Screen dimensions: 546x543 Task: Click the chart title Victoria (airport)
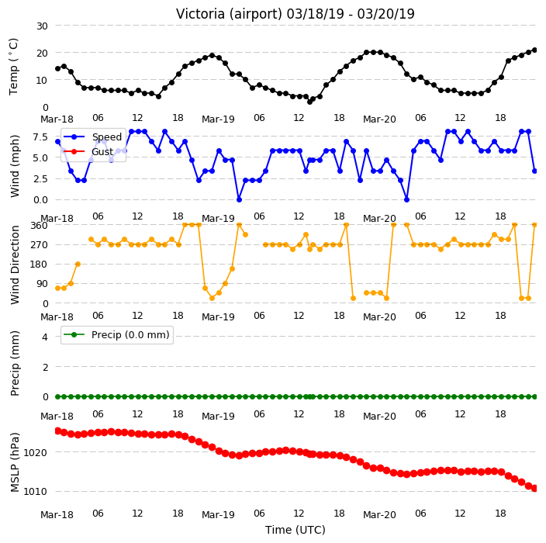[230, 14]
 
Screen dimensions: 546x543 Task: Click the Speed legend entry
[92, 137]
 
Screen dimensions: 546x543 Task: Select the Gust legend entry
[88, 151]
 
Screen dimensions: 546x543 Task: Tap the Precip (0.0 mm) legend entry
[116, 334]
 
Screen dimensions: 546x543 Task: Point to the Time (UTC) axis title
[295, 530]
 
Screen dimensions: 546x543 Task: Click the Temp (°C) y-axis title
[13, 67]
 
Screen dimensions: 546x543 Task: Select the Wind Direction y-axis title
[15, 265]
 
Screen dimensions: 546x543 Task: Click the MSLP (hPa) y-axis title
[15, 462]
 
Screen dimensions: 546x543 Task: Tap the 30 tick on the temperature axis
[42, 26]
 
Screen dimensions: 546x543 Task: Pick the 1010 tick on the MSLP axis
[35, 492]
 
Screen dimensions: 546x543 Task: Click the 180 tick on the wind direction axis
[39, 265]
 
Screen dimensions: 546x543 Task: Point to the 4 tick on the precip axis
[45, 337]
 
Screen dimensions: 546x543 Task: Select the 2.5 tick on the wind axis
[40, 179]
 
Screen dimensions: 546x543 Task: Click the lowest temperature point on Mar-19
[309, 102]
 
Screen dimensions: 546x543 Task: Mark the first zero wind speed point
[239, 199]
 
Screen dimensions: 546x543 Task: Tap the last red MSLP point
[534, 489]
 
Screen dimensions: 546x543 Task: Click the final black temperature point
[534, 50]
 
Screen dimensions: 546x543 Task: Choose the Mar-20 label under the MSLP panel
[379, 515]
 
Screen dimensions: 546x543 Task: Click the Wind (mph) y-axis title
[15, 166]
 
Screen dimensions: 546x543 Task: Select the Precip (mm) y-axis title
[15, 363]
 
